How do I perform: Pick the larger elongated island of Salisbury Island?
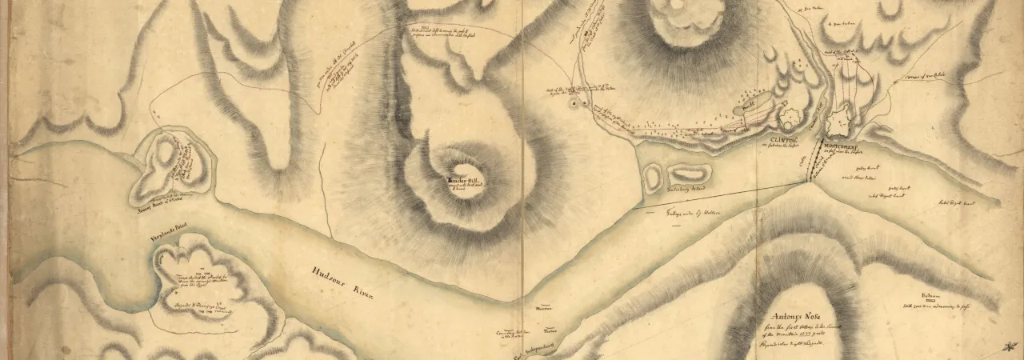(x=690, y=173)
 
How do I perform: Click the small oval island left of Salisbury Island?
(x=654, y=175)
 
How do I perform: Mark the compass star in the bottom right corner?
(x=1007, y=343)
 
